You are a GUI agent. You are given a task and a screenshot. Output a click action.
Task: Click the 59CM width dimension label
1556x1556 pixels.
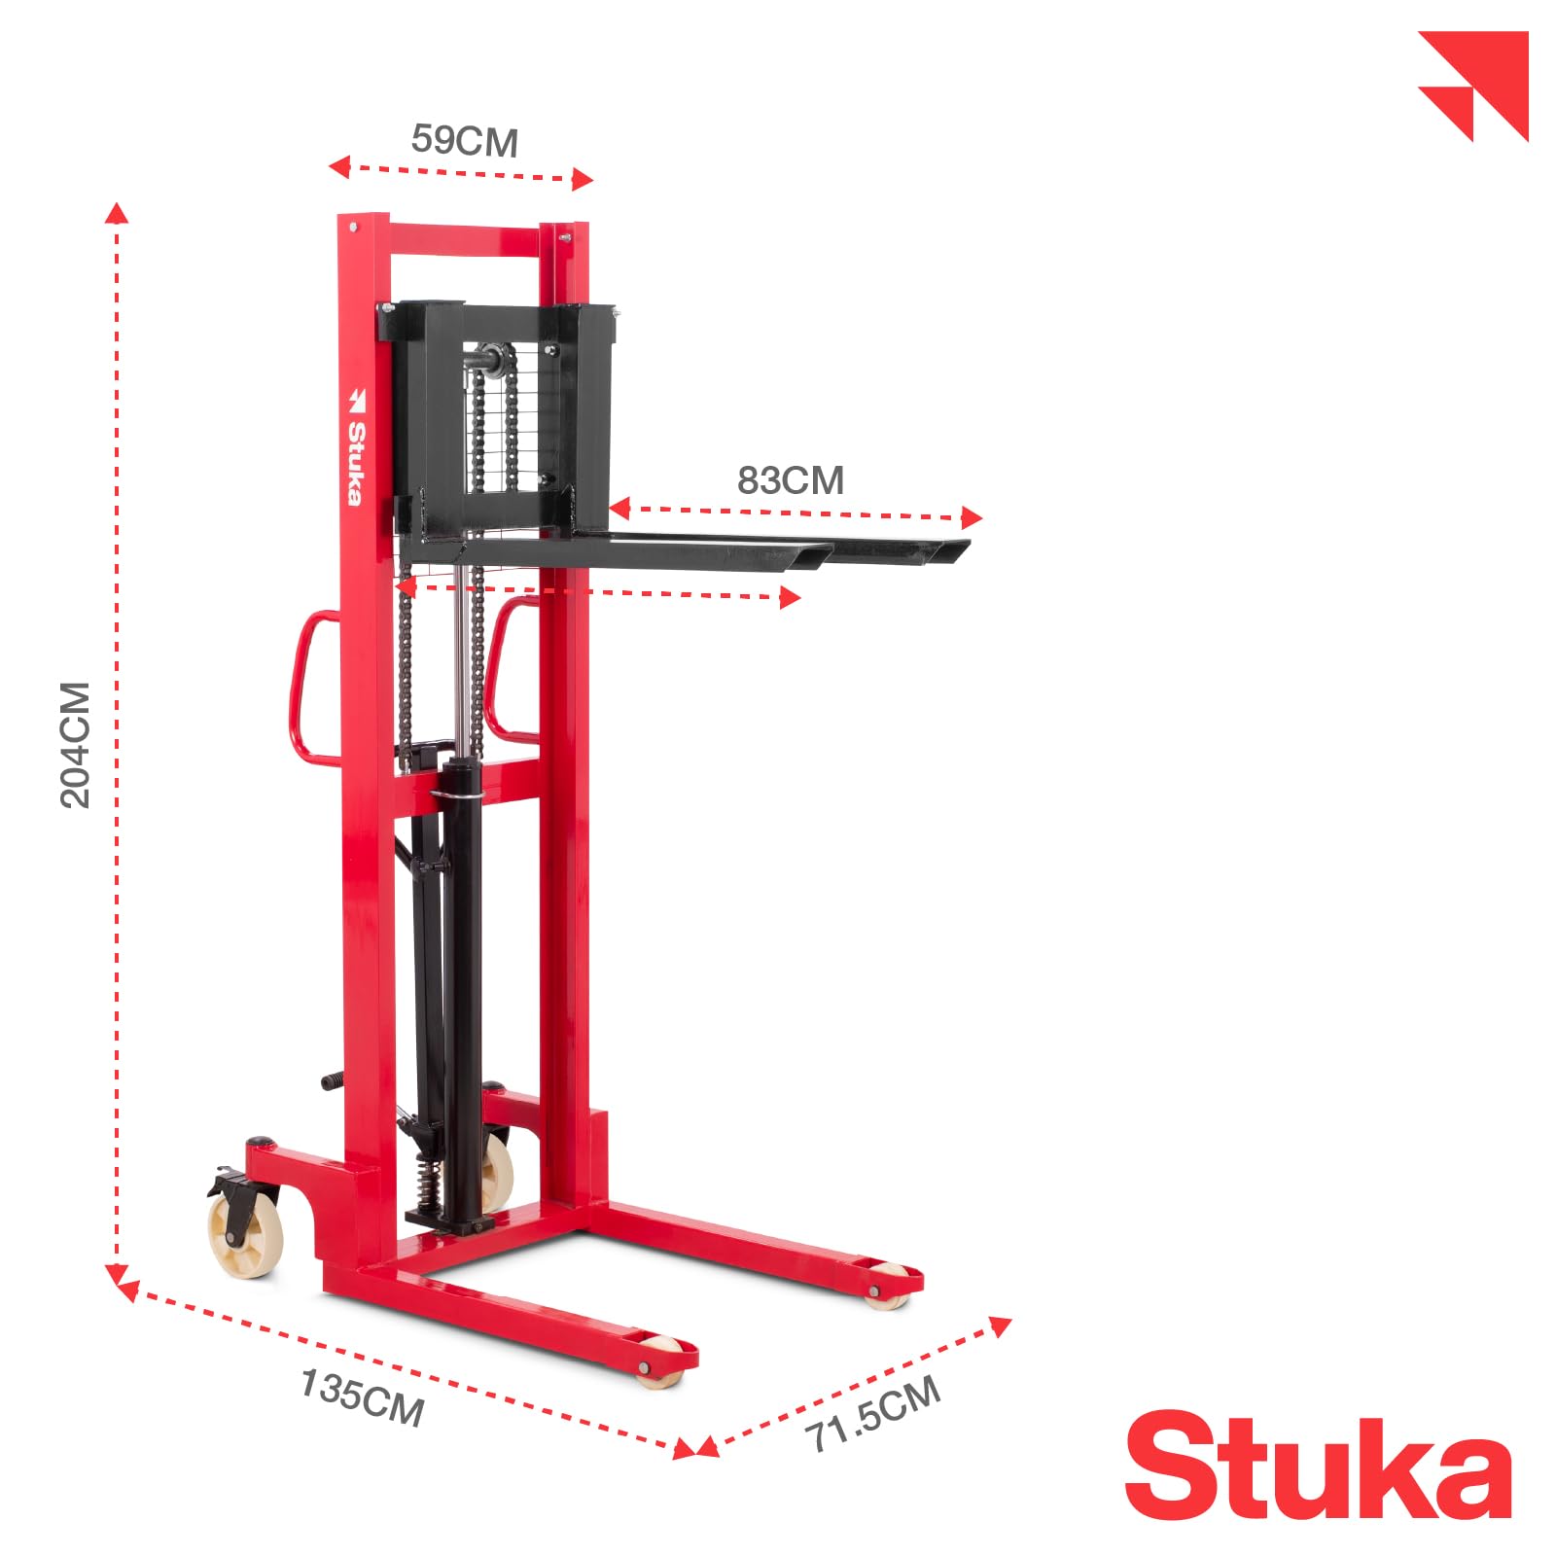pos(464,140)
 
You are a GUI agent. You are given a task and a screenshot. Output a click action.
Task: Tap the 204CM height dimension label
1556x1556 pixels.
pos(76,744)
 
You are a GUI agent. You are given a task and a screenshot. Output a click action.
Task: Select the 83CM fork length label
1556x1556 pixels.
pos(790,480)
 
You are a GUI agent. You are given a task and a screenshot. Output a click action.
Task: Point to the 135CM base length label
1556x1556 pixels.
pos(361,1398)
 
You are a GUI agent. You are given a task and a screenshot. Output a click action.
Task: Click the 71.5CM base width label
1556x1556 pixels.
pos(873,1413)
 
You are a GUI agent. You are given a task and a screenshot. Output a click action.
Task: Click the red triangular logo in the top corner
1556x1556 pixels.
pos(1473,86)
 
